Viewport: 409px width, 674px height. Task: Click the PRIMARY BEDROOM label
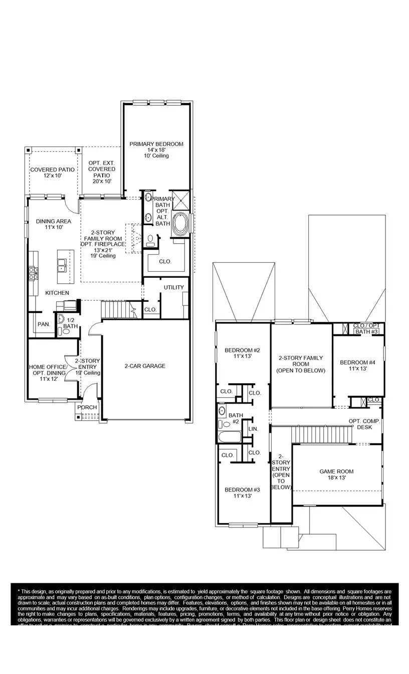[x=156, y=144]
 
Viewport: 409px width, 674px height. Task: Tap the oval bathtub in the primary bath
[x=180, y=224]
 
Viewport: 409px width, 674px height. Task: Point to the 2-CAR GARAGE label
[x=145, y=366]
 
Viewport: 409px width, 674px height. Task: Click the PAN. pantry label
[x=44, y=324]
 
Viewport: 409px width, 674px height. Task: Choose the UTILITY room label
[x=173, y=287]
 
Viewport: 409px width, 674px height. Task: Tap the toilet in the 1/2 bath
[x=66, y=330]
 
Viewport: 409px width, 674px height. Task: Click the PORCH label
[x=87, y=407]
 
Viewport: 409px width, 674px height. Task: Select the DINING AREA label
[x=53, y=221]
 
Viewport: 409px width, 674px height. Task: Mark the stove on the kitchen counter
[x=33, y=273]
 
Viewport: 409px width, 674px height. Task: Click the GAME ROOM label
[x=336, y=471]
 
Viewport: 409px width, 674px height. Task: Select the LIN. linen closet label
[x=253, y=429]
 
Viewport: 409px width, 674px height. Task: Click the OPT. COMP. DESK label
[x=364, y=424]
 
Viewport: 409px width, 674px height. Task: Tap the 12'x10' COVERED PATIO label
[x=52, y=170]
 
